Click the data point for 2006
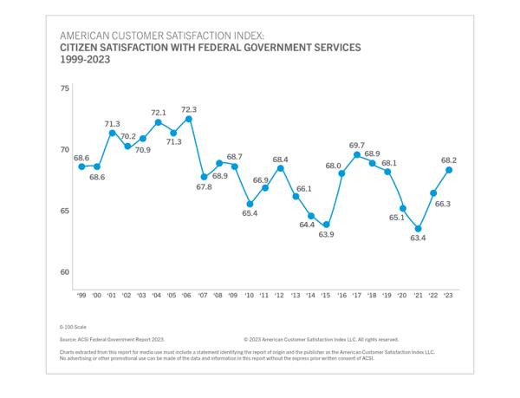(x=189, y=119)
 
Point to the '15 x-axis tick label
(x=327, y=297)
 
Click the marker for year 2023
(x=449, y=170)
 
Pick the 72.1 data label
(x=159, y=112)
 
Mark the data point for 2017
(x=357, y=154)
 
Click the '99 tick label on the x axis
(x=81, y=297)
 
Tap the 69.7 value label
(x=356, y=145)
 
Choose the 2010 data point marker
(x=250, y=204)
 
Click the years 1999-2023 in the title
(x=80, y=62)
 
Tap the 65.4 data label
(x=249, y=213)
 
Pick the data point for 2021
(x=419, y=229)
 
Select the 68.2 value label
(x=449, y=160)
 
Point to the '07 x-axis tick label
(x=205, y=297)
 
